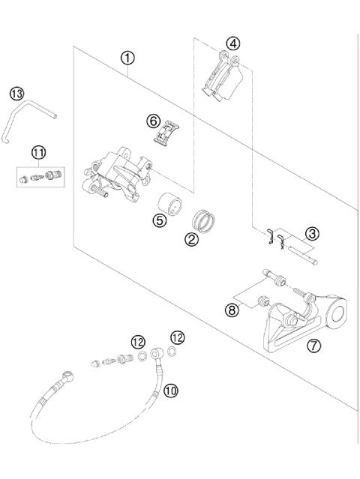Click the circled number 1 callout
click(x=129, y=57)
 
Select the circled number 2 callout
click(x=191, y=240)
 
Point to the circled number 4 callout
click(x=234, y=43)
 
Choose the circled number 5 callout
click(x=158, y=220)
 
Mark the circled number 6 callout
click(x=152, y=120)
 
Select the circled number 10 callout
click(x=170, y=390)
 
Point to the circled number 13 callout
click(x=16, y=94)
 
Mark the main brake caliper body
click(x=120, y=174)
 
